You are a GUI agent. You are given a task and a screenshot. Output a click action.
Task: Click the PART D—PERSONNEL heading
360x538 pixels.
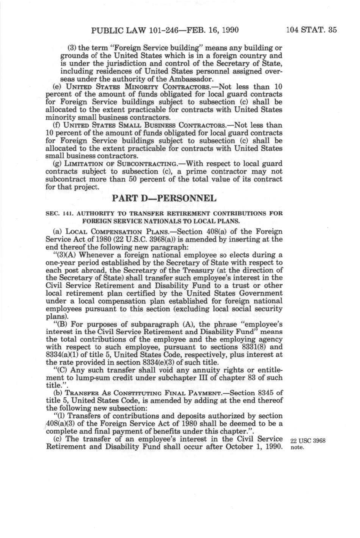pos(164,199)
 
